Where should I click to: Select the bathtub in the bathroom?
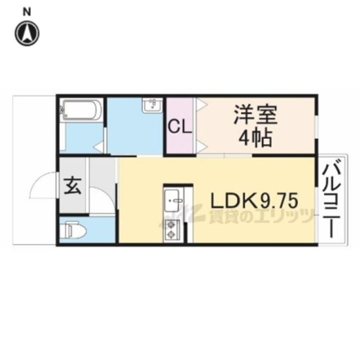[81, 110]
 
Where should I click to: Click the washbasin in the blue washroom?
[151, 105]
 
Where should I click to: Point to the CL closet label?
[179, 127]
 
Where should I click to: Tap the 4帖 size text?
[255, 137]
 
